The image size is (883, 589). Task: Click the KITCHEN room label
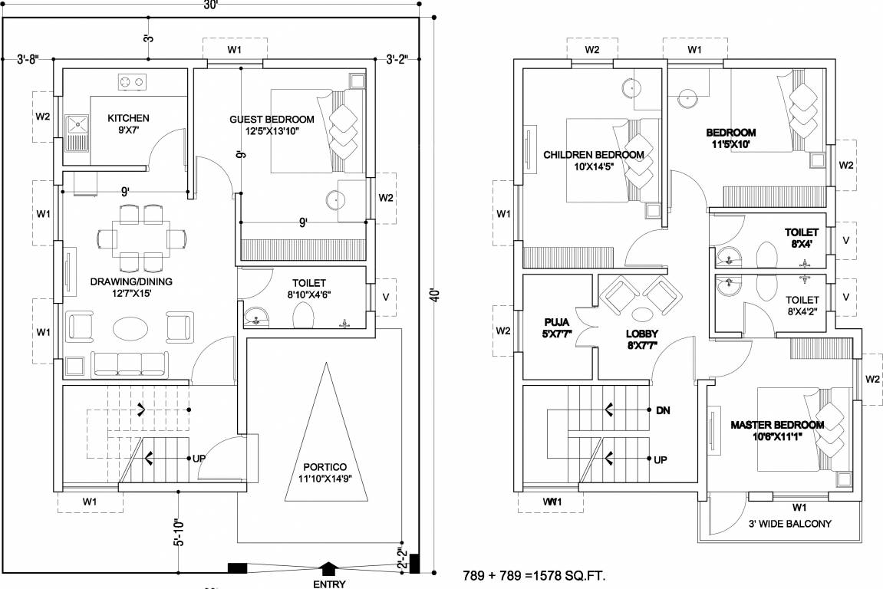click(128, 118)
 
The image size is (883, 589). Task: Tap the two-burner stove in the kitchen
click(131, 81)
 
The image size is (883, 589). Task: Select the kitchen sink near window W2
click(77, 127)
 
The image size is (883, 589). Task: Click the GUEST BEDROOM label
click(272, 120)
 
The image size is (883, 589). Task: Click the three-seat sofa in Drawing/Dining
click(128, 363)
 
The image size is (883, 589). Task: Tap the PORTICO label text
click(325, 467)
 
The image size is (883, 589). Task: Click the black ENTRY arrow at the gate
click(328, 568)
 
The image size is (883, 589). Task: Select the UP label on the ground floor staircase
click(199, 459)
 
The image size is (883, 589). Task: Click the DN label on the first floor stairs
click(664, 411)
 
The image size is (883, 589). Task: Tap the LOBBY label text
click(642, 334)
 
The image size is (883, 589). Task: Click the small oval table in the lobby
click(642, 315)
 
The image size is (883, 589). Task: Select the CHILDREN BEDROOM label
click(593, 155)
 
